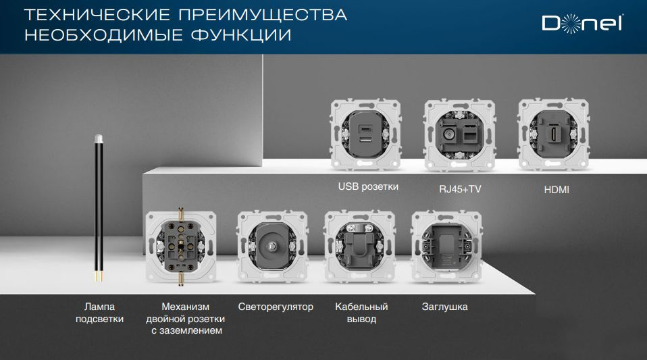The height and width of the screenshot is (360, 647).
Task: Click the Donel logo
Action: pos(582,24)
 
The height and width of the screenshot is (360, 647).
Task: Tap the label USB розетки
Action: pos(368,186)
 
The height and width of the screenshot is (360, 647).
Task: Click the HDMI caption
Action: pos(557,190)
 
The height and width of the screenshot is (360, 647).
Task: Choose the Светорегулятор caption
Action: pos(276,307)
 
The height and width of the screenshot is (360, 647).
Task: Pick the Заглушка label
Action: pos(444,307)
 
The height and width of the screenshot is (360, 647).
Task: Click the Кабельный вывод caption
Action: pos(356,313)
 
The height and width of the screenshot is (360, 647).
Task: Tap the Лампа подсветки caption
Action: pos(99,313)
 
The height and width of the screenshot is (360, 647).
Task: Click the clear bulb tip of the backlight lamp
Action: pos(99,139)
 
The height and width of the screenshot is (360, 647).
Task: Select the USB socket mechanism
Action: pos(364,134)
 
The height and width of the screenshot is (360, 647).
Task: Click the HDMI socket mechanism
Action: pos(551,134)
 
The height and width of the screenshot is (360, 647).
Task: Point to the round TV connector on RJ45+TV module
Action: pos(448,133)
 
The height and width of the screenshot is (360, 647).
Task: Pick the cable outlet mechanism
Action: pos(359,246)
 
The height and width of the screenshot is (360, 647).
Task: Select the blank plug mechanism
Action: pos(446,247)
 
